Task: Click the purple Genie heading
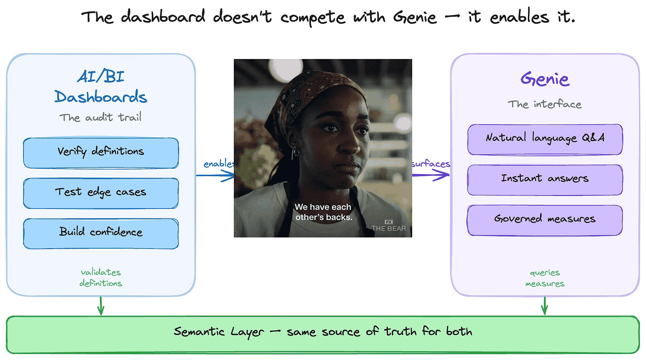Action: [x=545, y=79]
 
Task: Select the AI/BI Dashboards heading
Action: [x=101, y=87]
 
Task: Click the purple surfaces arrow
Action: [x=431, y=175]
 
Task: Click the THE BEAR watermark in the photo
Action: [x=389, y=226]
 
